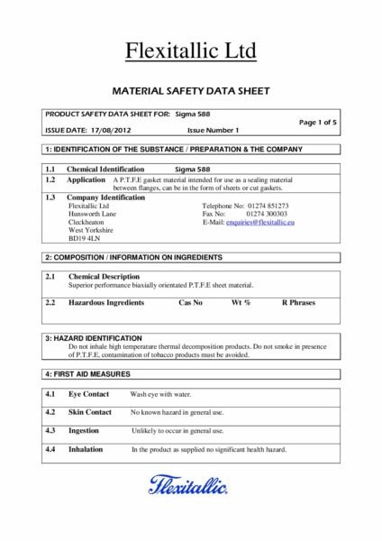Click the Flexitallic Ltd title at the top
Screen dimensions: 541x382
pos(191,50)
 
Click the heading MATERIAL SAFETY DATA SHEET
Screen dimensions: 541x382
pos(191,91)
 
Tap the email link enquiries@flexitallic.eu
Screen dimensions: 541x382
pos(262,221)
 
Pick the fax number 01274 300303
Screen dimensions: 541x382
pos(269,213)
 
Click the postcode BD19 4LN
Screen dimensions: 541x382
pos(85,238)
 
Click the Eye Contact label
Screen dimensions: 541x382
pos(88,394)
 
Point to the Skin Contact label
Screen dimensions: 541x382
pos(90,412)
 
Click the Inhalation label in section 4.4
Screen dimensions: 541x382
pos(86,448)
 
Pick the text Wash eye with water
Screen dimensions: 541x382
pos(161,395)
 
